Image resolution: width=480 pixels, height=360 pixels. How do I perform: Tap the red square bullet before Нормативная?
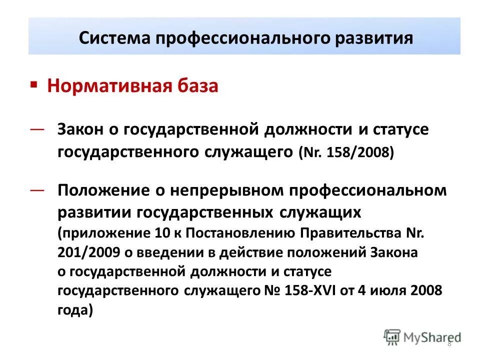[33, 84]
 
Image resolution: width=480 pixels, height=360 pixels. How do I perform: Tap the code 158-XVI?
[301, 291]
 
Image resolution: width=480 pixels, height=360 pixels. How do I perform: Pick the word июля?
[388, 291]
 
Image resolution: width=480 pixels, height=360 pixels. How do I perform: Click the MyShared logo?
[423, 338]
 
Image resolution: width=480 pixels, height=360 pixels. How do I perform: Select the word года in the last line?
[74, 310]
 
